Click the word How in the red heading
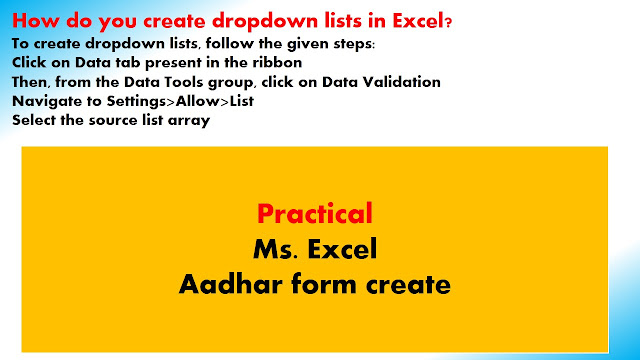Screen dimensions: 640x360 (x=36, y=20)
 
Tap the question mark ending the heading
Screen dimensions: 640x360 (x=449, y=22)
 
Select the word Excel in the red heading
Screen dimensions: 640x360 (x=418, y=20)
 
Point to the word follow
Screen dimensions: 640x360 (x=226, y=43)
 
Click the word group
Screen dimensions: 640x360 (x=231, y=83)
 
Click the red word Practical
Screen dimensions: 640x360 (x=315, y=213)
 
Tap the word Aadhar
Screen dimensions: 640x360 (x=231, y=284)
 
